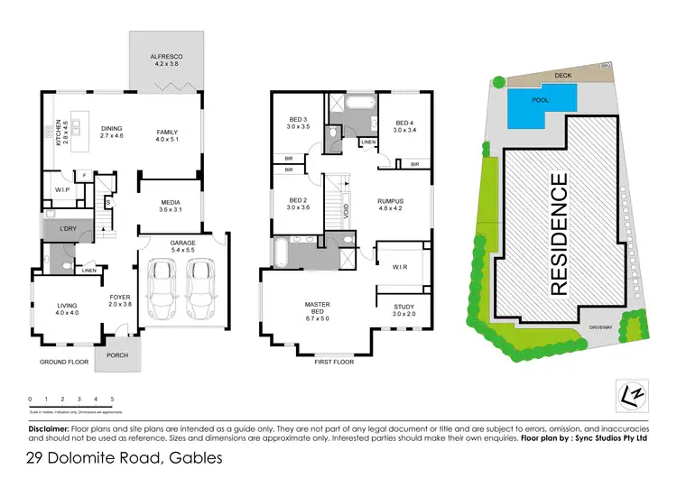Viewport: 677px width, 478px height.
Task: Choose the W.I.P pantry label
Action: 61,190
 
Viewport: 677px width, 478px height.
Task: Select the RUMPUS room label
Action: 390,201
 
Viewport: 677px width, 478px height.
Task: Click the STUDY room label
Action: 403,308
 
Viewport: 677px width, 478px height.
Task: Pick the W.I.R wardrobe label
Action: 401,266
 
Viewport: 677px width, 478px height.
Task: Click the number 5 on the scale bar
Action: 112,398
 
